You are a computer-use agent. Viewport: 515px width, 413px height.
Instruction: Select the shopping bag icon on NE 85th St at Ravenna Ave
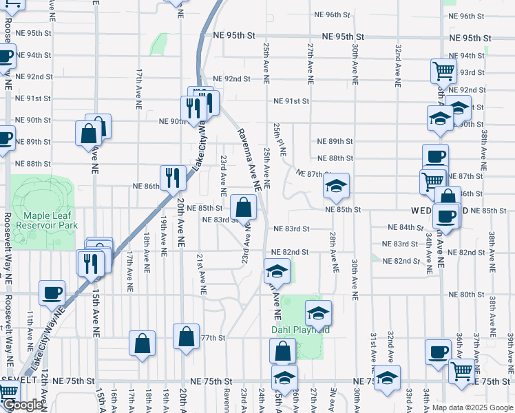coord(244,206)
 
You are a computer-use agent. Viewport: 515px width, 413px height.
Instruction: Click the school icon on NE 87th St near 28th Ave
coord(336,185)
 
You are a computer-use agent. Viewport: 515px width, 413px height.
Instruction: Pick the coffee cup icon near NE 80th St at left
coord(52,293)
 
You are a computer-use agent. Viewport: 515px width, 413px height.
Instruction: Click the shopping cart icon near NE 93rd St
coord(443,70)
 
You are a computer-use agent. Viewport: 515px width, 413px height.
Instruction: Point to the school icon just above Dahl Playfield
coord(317,313)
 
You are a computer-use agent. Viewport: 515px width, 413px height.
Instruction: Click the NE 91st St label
coord(291,100)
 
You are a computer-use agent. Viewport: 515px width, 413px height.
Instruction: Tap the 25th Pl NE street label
coord(279,140)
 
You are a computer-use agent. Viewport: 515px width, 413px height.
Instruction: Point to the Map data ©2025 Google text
coord(472,407)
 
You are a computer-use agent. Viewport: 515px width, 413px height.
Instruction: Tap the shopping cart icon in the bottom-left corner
coord(7,392)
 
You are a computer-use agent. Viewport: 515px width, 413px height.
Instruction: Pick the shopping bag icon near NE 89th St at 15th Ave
coord(90,134)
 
